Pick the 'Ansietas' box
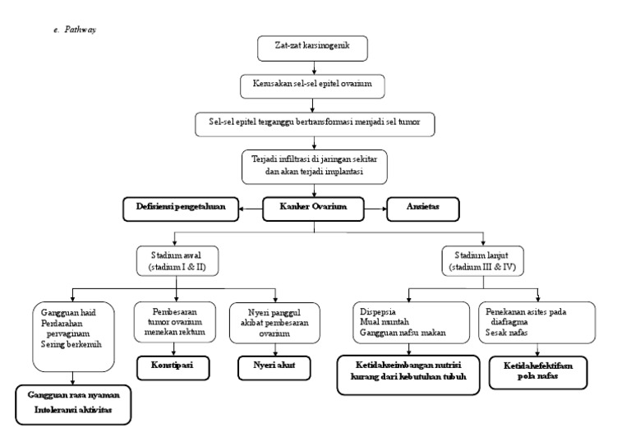click(423, 209)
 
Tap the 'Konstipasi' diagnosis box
click(170, 366)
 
